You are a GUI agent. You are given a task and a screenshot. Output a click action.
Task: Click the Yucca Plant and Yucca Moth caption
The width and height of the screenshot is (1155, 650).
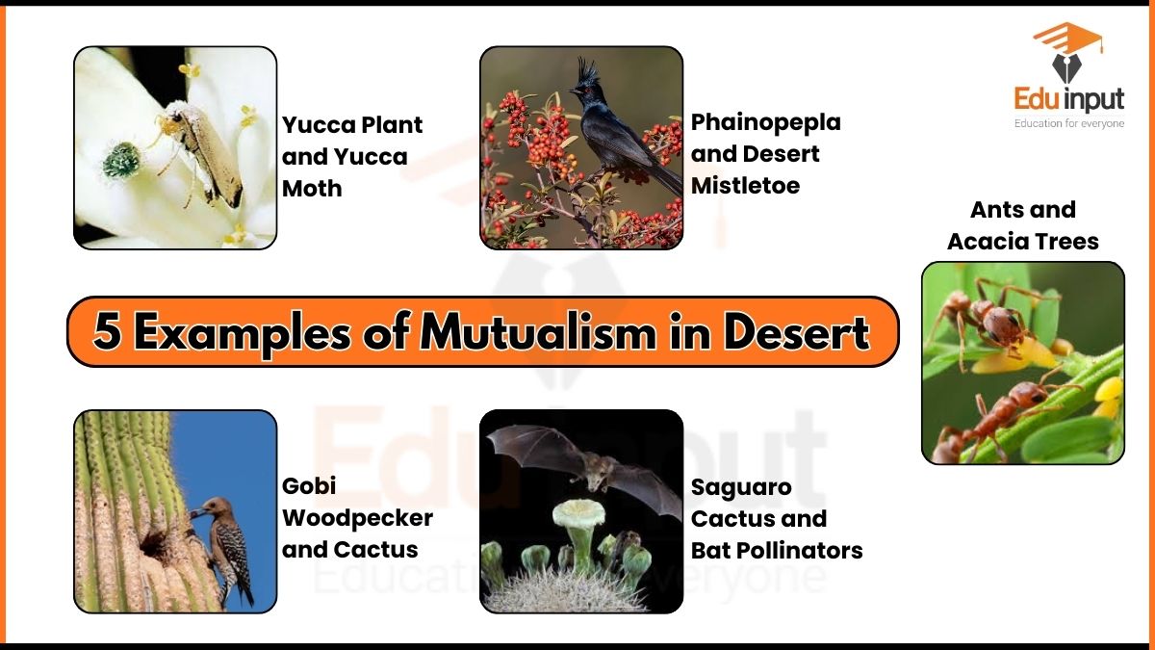352,156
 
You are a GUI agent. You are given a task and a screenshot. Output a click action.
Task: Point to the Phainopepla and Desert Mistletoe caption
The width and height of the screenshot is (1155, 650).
765,153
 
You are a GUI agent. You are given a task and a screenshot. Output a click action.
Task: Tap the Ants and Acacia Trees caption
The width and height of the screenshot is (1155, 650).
1022,225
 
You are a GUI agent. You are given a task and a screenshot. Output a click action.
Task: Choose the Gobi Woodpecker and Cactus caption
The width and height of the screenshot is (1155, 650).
357,518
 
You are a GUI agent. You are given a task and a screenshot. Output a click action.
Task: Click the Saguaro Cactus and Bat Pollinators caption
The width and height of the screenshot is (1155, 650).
776,518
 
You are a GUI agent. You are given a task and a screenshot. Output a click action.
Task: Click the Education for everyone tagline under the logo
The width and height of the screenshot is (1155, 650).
1068,123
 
